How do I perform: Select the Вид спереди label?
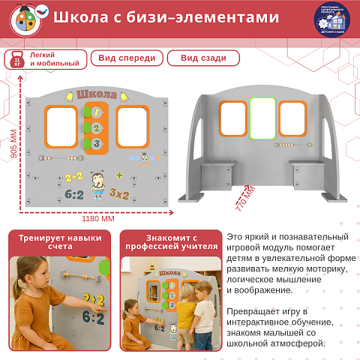[127, 58]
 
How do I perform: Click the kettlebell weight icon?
[17, 59]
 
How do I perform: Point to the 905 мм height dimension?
[13, 149]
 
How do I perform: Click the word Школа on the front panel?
[97, 94]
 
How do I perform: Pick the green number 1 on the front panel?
[95, 112]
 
